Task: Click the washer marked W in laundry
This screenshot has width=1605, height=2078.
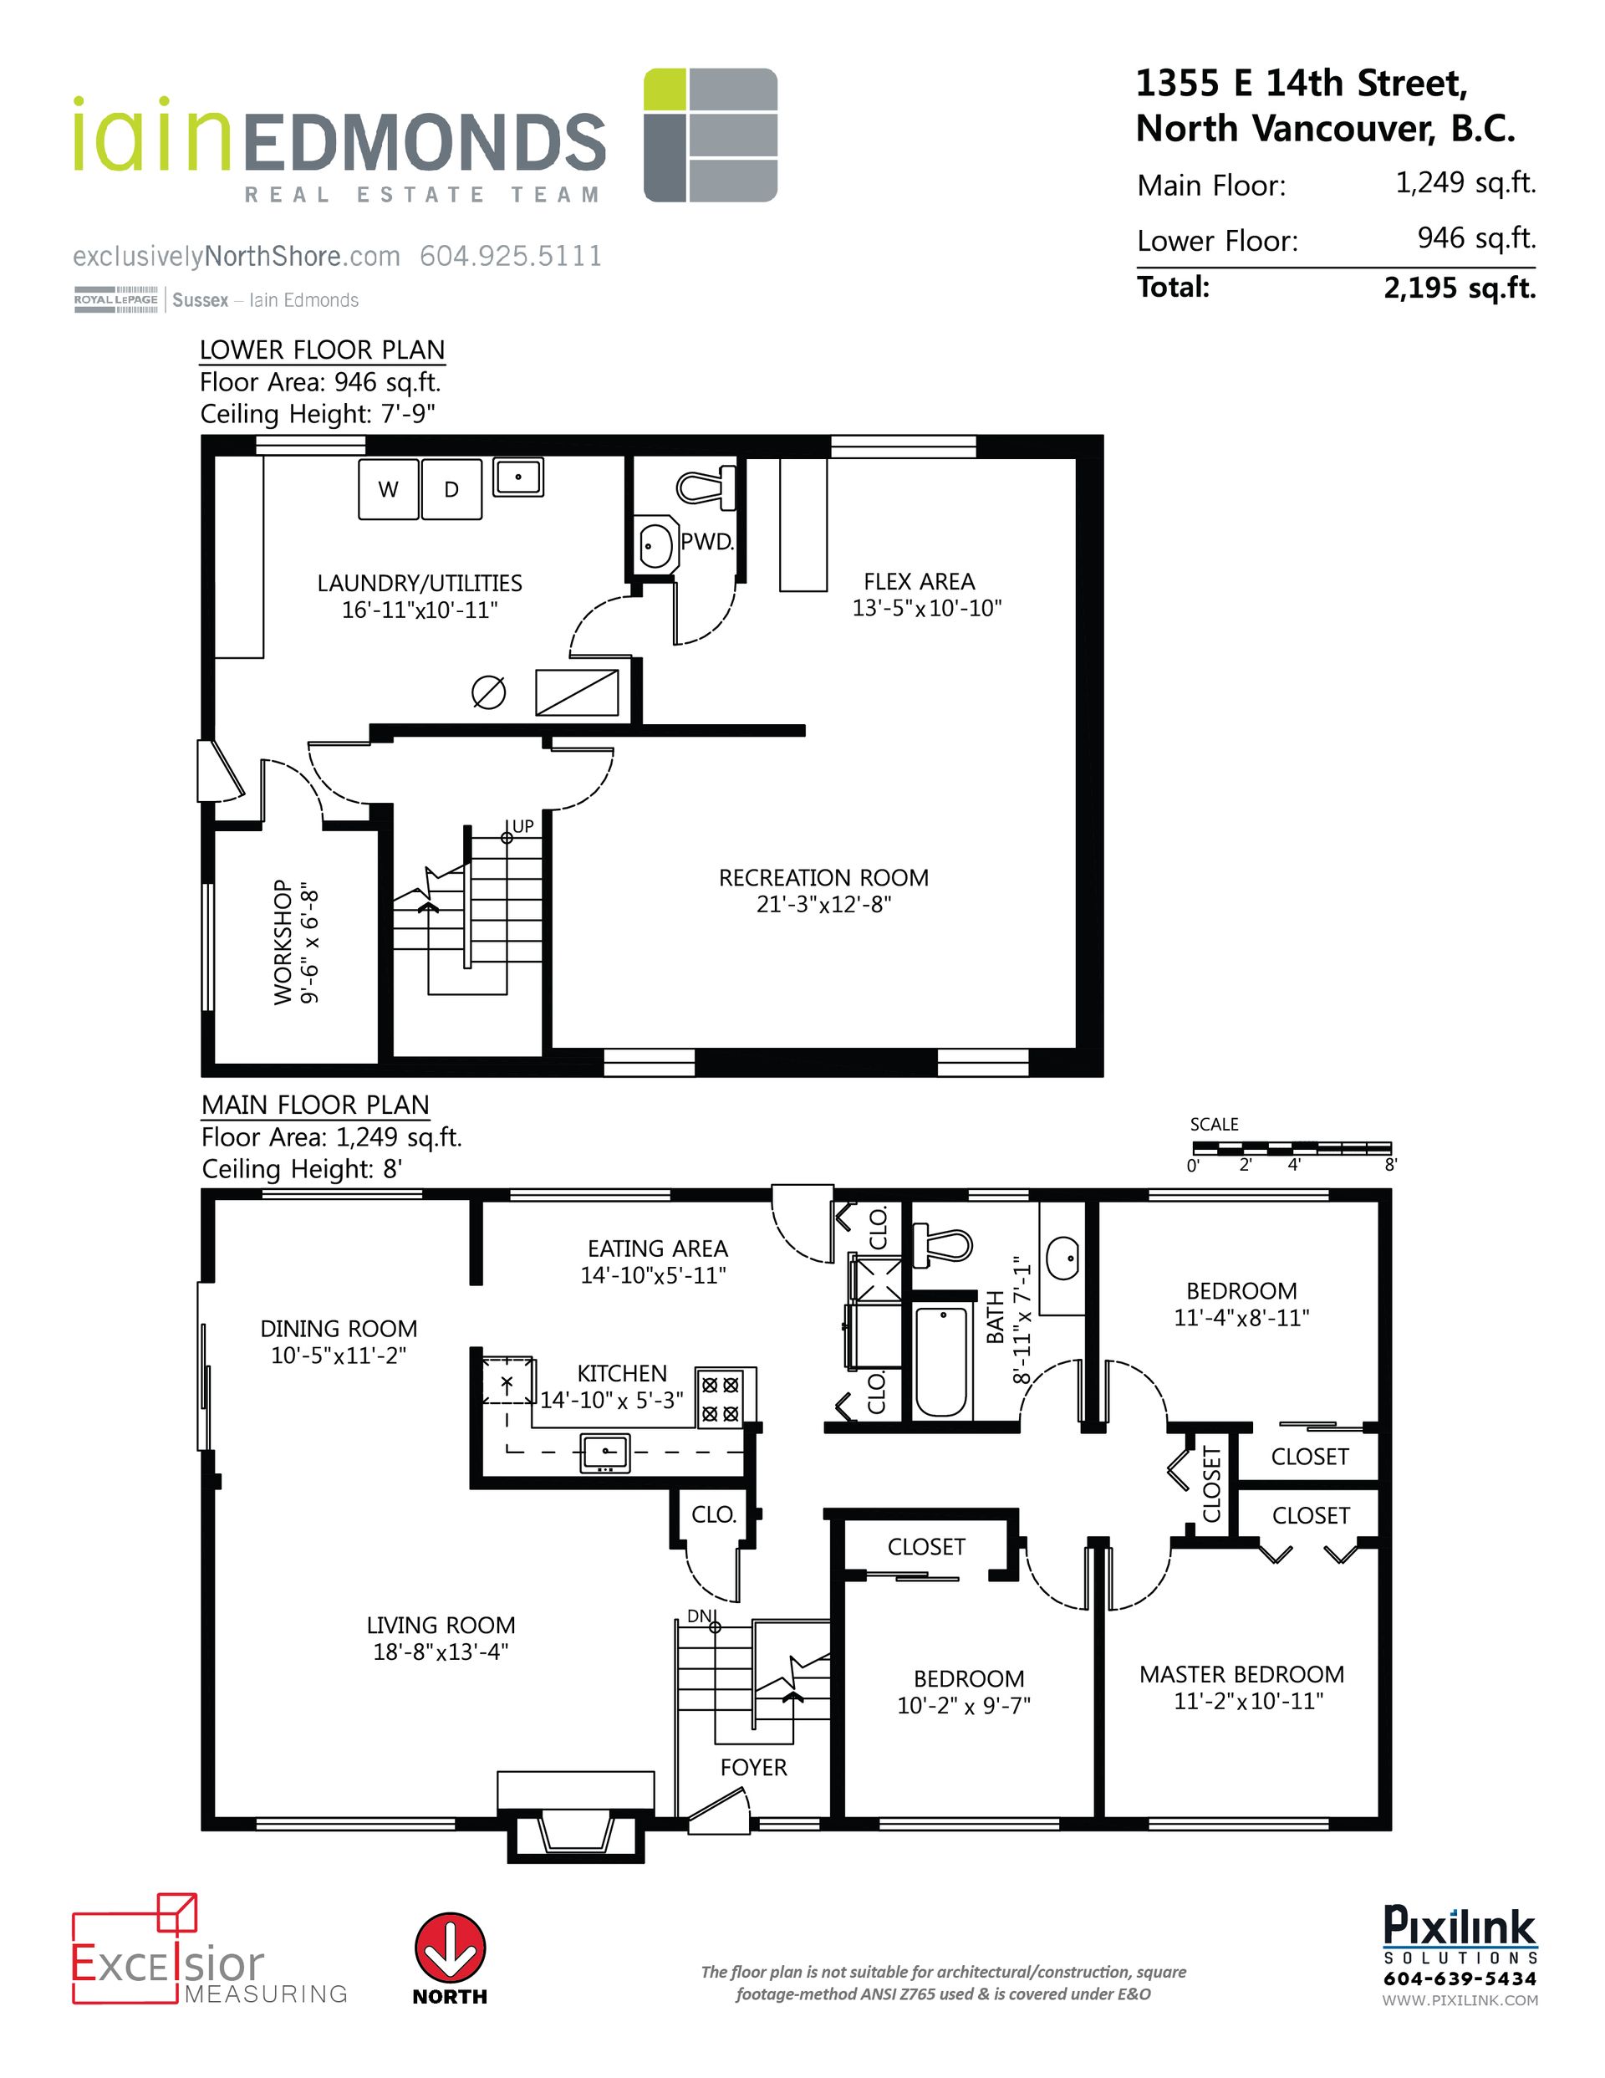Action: click(388, 489)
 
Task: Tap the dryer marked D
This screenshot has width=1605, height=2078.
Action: click(451, 489)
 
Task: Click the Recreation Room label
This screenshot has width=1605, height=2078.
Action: click(823, 877)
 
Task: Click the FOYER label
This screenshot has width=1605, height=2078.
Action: click(753, 1767)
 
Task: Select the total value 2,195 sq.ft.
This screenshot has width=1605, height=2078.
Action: click(1460, 288)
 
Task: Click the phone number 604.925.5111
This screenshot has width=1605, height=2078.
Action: click(511, 256)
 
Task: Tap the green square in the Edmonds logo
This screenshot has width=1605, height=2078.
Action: click(664, 89)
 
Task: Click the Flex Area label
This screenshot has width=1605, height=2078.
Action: click(918, 581)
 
